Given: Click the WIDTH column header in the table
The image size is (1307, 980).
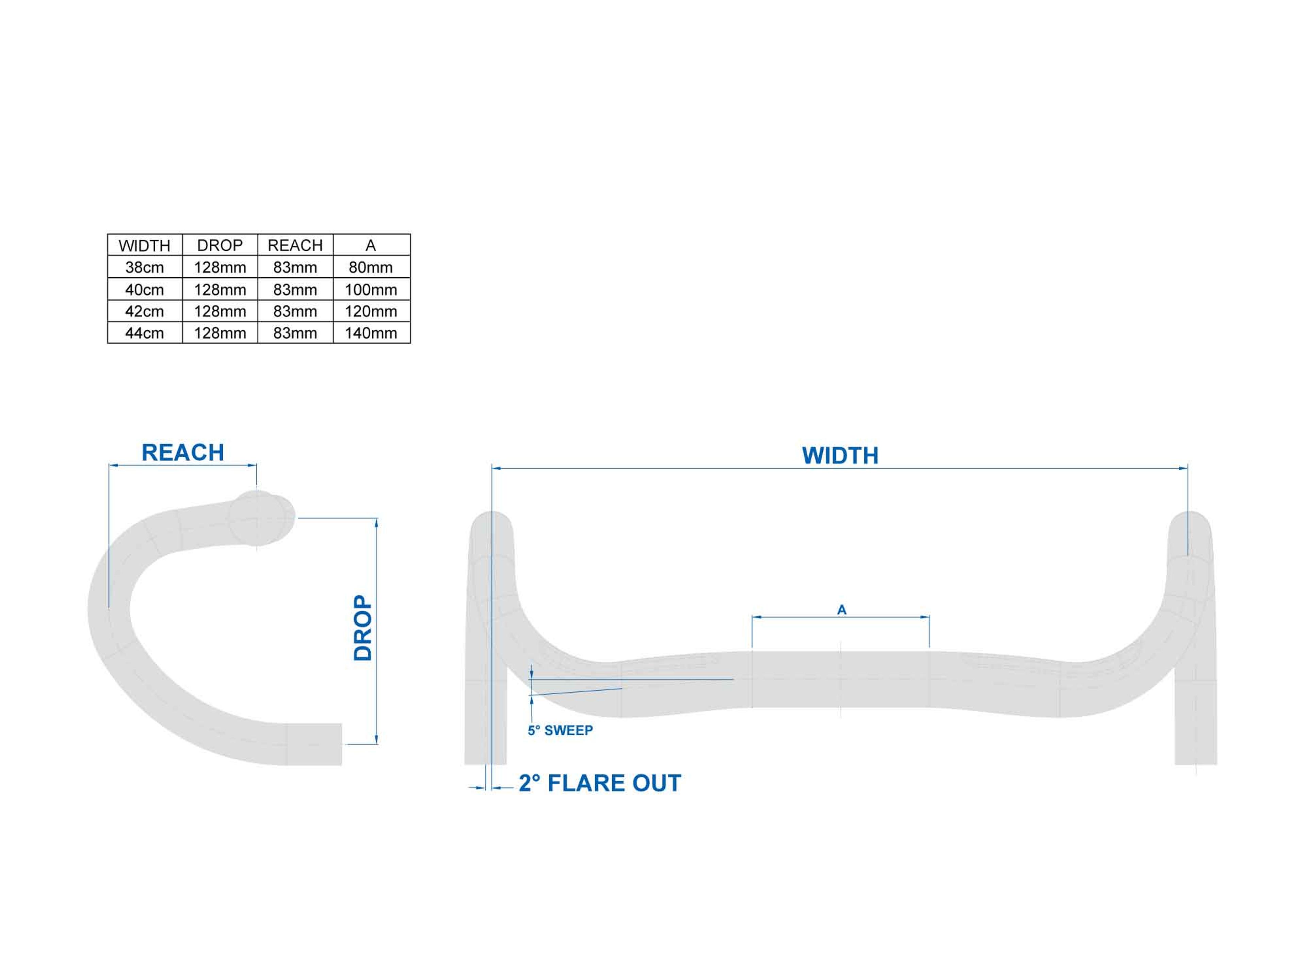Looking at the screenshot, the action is tap(144, 245).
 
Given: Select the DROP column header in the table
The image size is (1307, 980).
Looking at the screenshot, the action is tap(220, 245).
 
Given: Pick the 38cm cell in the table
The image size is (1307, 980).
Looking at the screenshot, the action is tap(144, 267).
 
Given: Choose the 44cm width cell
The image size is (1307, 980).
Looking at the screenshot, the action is tap(144, 333).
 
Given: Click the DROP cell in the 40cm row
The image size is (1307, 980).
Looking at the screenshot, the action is tap(220, 290).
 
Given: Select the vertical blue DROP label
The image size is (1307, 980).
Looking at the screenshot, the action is tap(363, 627).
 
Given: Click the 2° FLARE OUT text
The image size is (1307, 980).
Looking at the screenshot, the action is tap(600, 783).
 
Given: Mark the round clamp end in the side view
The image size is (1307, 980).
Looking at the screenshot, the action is tap(260, 518).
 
